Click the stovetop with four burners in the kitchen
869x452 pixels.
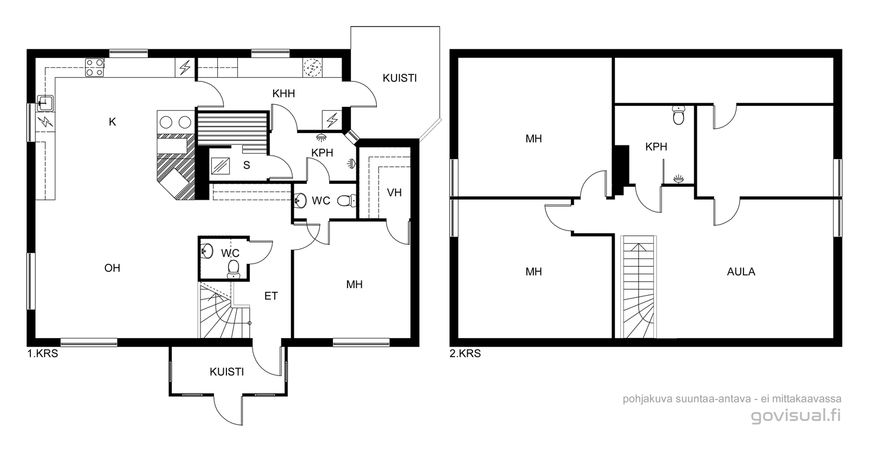point(95,67)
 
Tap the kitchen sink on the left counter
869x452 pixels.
point(45,103)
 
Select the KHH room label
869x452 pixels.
point(284,93)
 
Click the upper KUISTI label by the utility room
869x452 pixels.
point(400,78)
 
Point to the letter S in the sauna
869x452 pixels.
point(247,165)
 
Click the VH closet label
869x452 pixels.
point(394,193)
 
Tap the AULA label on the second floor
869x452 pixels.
point(741,272)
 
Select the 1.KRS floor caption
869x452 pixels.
point(43,354)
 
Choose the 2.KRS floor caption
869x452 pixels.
point(465,354)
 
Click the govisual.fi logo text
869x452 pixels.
point(796,416)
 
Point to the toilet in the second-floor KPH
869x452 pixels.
point(678,115)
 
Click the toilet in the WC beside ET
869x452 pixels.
point(234,269)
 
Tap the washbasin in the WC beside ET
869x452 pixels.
point(207,251)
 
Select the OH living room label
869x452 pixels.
point(112,268)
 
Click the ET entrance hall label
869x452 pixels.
point(271,296)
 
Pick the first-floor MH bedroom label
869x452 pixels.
point(354,284)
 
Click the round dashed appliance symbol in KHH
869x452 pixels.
point(312,68)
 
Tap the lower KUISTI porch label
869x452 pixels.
point(226,372)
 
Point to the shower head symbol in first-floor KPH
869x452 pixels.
point(321,136)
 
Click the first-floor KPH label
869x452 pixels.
point(322,152)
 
